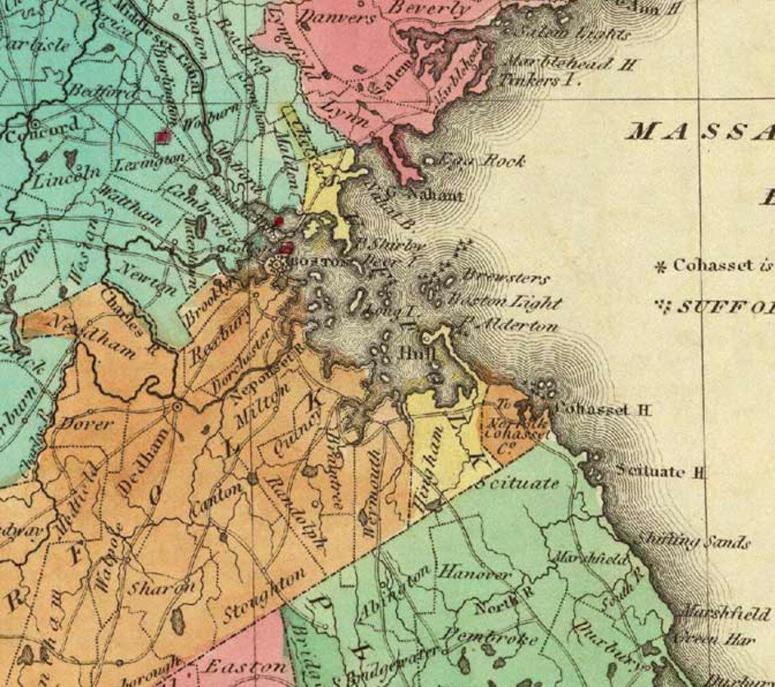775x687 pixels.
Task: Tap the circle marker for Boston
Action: [x=278, y=265]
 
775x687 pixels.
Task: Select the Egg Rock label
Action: [x=482, y=161]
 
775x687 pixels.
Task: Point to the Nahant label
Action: [x=434, y=196]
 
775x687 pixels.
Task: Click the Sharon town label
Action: [x=163, y=588]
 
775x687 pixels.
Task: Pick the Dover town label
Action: [x=87, y=423]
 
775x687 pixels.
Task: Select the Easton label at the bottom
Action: [x=245, y=666]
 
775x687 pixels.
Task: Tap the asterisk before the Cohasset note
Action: [x=659, y=266]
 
